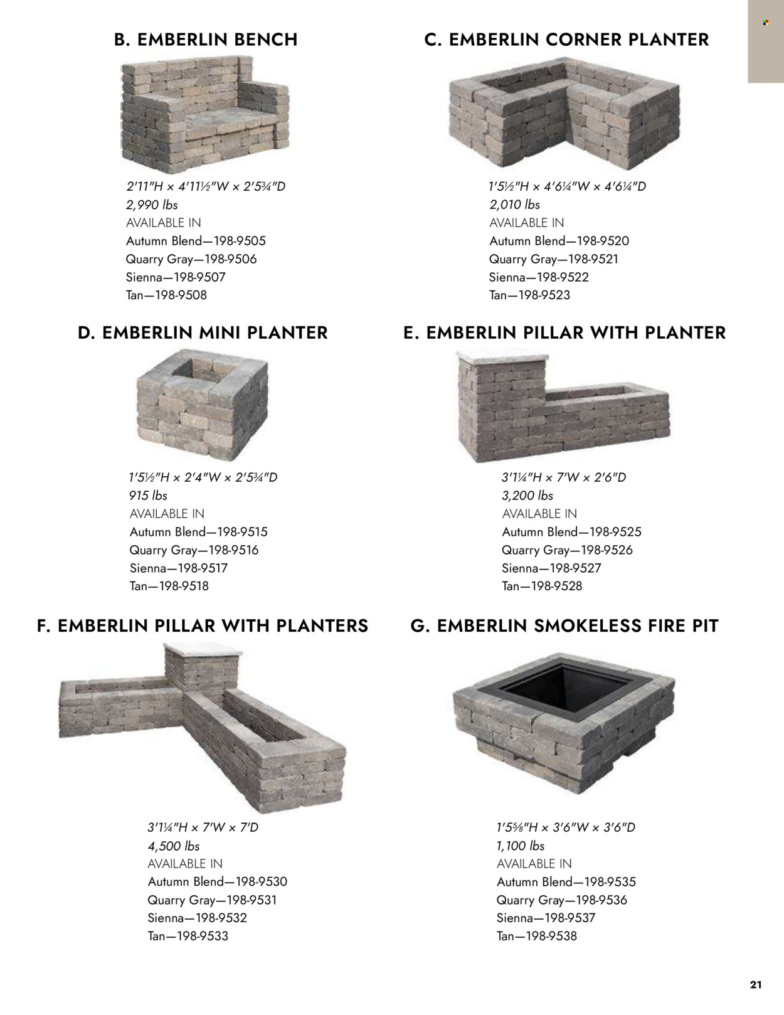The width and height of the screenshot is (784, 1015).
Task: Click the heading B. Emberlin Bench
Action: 206,40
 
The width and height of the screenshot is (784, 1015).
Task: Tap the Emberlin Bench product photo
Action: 205,115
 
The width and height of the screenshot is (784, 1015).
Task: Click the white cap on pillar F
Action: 203,651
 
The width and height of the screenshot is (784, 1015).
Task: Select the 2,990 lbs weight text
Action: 152,205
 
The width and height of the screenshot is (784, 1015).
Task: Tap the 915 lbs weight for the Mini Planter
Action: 148,496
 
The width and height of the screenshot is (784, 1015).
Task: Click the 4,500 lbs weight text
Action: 174,846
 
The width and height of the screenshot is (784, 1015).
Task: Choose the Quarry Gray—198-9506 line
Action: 191,259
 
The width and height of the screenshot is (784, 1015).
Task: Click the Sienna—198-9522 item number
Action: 539,277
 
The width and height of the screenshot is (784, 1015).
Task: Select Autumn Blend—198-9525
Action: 571,532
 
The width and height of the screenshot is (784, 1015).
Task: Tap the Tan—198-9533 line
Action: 188,936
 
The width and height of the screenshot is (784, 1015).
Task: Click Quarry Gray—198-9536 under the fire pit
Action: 562,900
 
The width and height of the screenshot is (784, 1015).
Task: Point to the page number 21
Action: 756,985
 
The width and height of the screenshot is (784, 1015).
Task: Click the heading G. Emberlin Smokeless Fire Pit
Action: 564,626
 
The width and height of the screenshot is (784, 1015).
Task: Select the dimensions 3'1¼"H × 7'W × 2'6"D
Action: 564,477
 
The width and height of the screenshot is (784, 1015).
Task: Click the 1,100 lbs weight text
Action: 521,846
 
